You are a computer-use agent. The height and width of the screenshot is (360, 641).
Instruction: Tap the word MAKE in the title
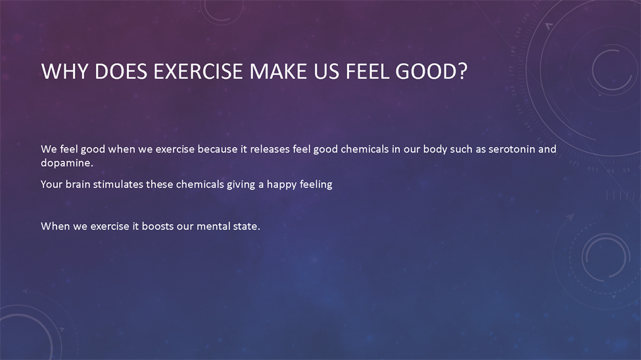[278, 71]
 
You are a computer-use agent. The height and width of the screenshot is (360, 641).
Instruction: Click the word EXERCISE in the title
[199, 71]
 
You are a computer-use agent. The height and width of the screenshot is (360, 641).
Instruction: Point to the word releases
[270, 149]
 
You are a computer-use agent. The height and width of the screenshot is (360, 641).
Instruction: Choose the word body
[435, 150]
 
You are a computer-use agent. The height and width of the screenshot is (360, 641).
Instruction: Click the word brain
[78, 185]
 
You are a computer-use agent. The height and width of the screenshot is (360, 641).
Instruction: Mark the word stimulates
[118, 185]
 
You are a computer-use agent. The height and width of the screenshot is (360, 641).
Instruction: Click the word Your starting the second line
[51, 185]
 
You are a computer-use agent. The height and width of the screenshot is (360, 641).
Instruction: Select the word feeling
[316, 185]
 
